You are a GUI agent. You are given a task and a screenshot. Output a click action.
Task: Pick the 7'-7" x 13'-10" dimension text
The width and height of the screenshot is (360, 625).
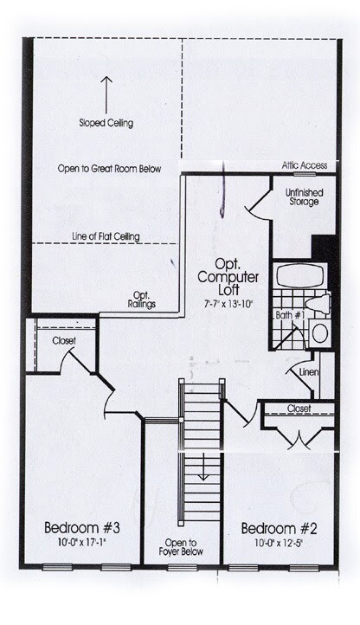point(228,305)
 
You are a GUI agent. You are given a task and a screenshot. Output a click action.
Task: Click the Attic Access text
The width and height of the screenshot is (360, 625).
point(304,164)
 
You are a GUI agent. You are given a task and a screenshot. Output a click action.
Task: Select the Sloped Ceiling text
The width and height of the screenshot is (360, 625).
point(106,123)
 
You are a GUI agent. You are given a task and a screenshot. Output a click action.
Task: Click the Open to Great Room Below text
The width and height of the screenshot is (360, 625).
point(109,169)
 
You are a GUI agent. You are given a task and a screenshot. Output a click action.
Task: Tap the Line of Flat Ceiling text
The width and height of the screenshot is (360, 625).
point(106,235)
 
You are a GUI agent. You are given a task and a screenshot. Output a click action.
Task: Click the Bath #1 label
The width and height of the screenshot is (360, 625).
point(292,316)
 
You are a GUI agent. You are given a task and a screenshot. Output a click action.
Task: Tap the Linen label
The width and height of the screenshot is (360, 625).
point(309,373)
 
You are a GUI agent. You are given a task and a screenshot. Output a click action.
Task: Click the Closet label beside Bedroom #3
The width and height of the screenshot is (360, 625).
point(63,341)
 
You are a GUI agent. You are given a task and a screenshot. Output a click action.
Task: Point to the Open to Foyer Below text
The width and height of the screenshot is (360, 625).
point(183,549)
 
